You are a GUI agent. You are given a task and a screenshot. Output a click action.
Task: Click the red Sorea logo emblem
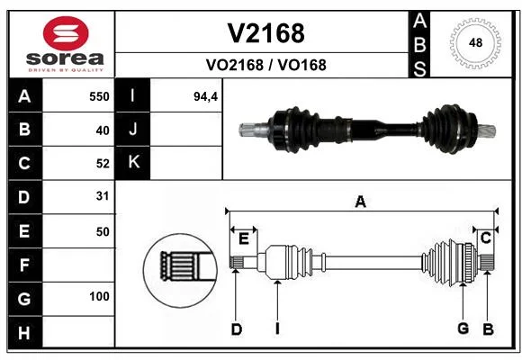click(x=66, y=33)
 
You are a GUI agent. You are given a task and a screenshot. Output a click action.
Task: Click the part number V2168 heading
click(x=265, y=33)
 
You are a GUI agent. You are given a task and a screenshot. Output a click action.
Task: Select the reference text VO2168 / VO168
click(x=266, y=65)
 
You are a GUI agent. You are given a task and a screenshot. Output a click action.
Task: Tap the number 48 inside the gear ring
click(x=475, y=42)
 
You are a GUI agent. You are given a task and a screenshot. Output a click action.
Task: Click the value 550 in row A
click(x=99, y=96)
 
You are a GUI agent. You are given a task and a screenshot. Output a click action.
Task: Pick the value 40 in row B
click(x=103, y=130)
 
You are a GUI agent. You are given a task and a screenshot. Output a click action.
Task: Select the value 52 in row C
click(x=103, y=164)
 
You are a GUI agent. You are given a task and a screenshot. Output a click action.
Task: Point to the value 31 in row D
click(x=103, y=196)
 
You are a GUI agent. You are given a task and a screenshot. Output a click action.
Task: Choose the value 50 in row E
click(x=103, y=232)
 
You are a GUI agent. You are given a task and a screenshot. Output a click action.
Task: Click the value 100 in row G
click(x=99, y=296)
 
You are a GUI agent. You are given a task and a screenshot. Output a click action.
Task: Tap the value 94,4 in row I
click(x=206, y=96)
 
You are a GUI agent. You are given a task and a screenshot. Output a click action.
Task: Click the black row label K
click(x=132, y=163)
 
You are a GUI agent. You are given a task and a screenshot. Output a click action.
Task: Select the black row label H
click(x=25, y=332)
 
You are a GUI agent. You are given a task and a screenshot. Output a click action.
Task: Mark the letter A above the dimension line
click(x=360, y=202)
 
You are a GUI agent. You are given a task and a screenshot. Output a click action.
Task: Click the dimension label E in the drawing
click(x=244, y=238)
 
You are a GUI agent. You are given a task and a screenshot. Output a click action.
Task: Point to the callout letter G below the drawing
click(x=463, y=328)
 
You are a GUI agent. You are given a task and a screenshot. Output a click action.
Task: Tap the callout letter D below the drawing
click(x=237, y=329)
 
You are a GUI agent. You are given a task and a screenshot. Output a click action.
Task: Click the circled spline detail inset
click(x=180, y=270)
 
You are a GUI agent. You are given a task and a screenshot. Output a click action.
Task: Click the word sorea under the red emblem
click(x=65, y=58)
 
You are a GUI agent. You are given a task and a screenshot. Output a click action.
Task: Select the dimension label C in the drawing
click(x=486, y=238)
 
